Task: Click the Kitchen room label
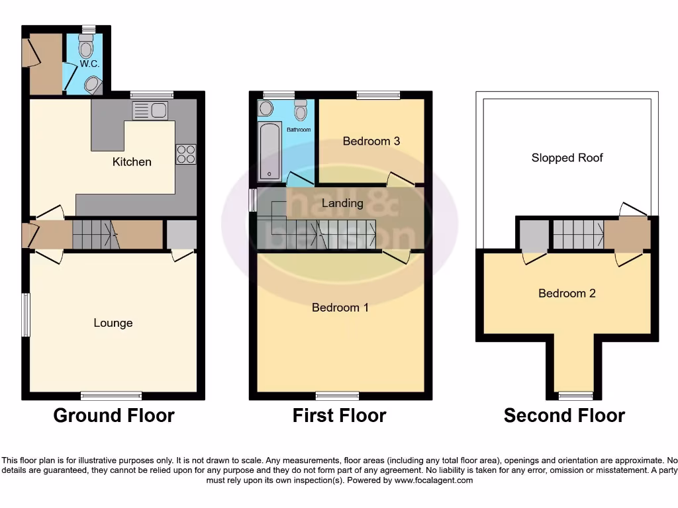(132, 162)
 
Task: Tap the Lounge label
(113, 323)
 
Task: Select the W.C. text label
(88, 64)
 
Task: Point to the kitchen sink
(150, 110)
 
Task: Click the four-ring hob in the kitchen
(185, 154)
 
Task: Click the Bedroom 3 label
(371, 141)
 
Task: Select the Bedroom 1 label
(340, 308)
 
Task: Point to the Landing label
(342, 203)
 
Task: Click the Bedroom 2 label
(567, 293)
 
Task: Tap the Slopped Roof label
(567, 157)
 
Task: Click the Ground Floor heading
(114, 415)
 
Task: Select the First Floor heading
(340, 415)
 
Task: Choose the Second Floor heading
(564, 415)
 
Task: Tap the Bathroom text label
(299, 130)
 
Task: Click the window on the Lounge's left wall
(26, 315)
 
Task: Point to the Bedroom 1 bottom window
(338, 396)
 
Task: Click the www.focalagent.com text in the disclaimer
(434, 480)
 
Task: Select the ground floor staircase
(92, 234)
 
